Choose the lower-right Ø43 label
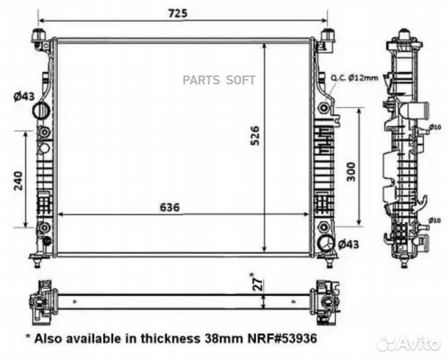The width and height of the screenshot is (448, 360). pyautogui.click(x=349, y=244)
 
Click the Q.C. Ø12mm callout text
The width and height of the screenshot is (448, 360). pyautogui.click(x=354, y=78)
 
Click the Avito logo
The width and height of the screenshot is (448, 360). pyautogui.click(x=408, y=343)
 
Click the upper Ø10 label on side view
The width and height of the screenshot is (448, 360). pyautogui.click(x=435, y=127)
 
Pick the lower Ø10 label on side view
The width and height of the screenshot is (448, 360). pyautogui.click(x=435, y=220)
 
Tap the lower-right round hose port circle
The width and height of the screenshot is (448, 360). pyautogui.click(x=326, y=244)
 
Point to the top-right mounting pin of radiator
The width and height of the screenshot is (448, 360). pyautogui.click(x=327, y=35)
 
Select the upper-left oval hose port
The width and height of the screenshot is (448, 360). pyautogui.click(x=43, y=110)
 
